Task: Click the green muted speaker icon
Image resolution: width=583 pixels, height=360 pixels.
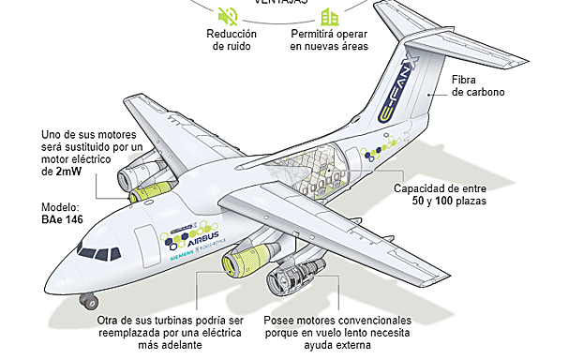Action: pos(227,16)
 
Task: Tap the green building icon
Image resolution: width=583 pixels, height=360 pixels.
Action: pos(328,16)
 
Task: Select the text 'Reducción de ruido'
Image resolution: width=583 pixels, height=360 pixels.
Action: pos(231,40)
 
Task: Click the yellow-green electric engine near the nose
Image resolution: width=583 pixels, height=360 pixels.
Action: pos(148,190)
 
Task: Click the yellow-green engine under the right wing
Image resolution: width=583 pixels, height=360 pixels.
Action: pos(246,260)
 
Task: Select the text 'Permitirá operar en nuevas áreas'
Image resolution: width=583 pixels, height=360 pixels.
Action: pos(330,40)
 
